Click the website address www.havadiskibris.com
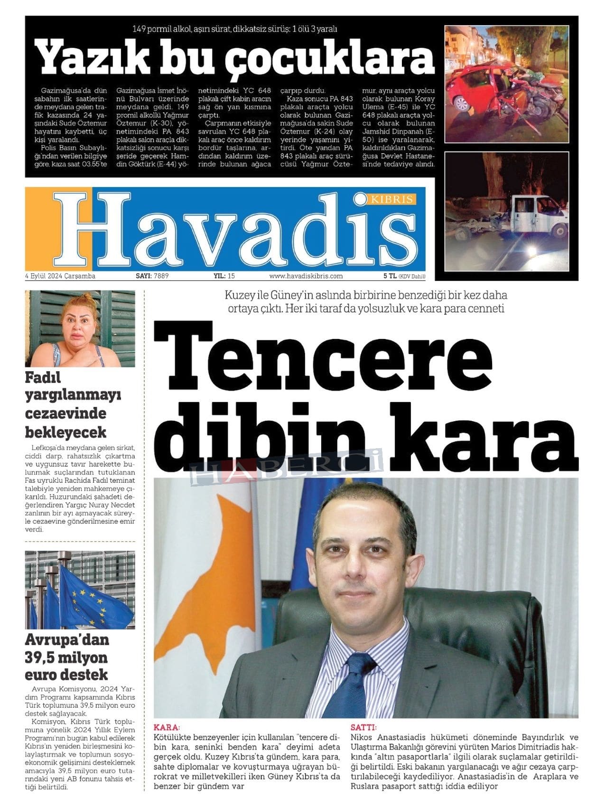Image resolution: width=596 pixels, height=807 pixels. click(306, 276)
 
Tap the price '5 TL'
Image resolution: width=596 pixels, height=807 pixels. click(390, 276)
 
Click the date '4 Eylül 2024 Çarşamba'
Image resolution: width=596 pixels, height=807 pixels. click(60, 276)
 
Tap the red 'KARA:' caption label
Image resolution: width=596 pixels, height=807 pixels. click(167, 727)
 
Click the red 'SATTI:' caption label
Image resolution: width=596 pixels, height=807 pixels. click(363, 727)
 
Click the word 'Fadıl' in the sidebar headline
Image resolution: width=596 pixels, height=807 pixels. click(43, 378)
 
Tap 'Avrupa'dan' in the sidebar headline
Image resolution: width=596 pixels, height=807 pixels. click(67, 640)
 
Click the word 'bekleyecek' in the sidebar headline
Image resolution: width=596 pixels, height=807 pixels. click(65, 432)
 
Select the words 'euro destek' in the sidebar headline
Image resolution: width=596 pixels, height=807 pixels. click(66, 675)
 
